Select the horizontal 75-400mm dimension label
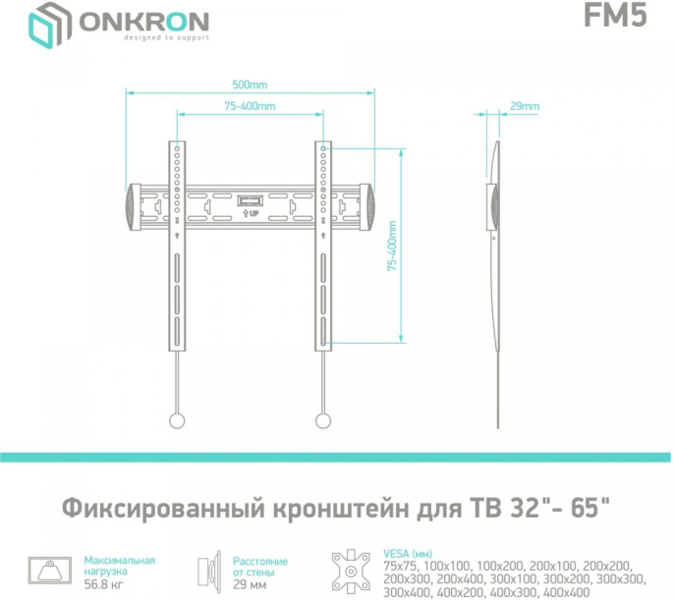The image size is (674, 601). (249, 106)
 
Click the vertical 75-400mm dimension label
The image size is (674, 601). (392, 245)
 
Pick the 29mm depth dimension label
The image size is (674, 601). (525, 106)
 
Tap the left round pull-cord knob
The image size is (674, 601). (177, 420)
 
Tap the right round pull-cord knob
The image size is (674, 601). (322, 420)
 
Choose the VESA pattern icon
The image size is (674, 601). (351, 571)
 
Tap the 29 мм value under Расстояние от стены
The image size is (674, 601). (250, 584)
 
